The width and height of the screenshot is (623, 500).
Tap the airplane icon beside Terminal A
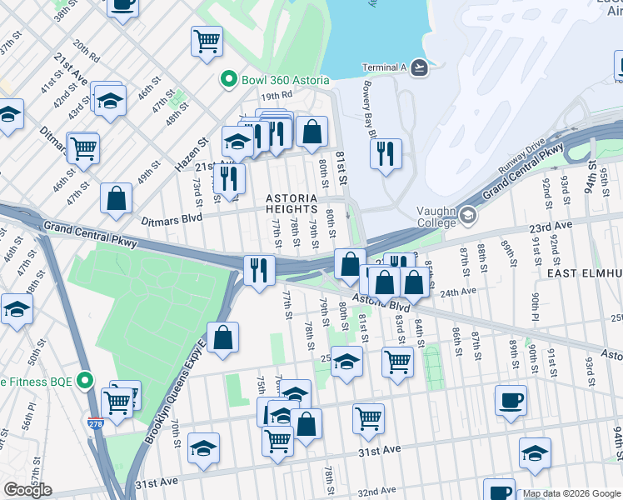418,67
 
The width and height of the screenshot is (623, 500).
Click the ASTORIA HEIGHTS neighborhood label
292,203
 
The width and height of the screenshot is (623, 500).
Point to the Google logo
27,490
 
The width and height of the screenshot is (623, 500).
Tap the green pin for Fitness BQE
83,381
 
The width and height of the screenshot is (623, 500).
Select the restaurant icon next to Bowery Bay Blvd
386,154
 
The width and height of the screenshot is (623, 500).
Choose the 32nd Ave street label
377,492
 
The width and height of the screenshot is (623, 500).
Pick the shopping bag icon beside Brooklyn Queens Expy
222,337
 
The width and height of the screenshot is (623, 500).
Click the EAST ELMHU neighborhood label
584,273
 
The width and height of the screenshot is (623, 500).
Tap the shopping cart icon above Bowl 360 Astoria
207,41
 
